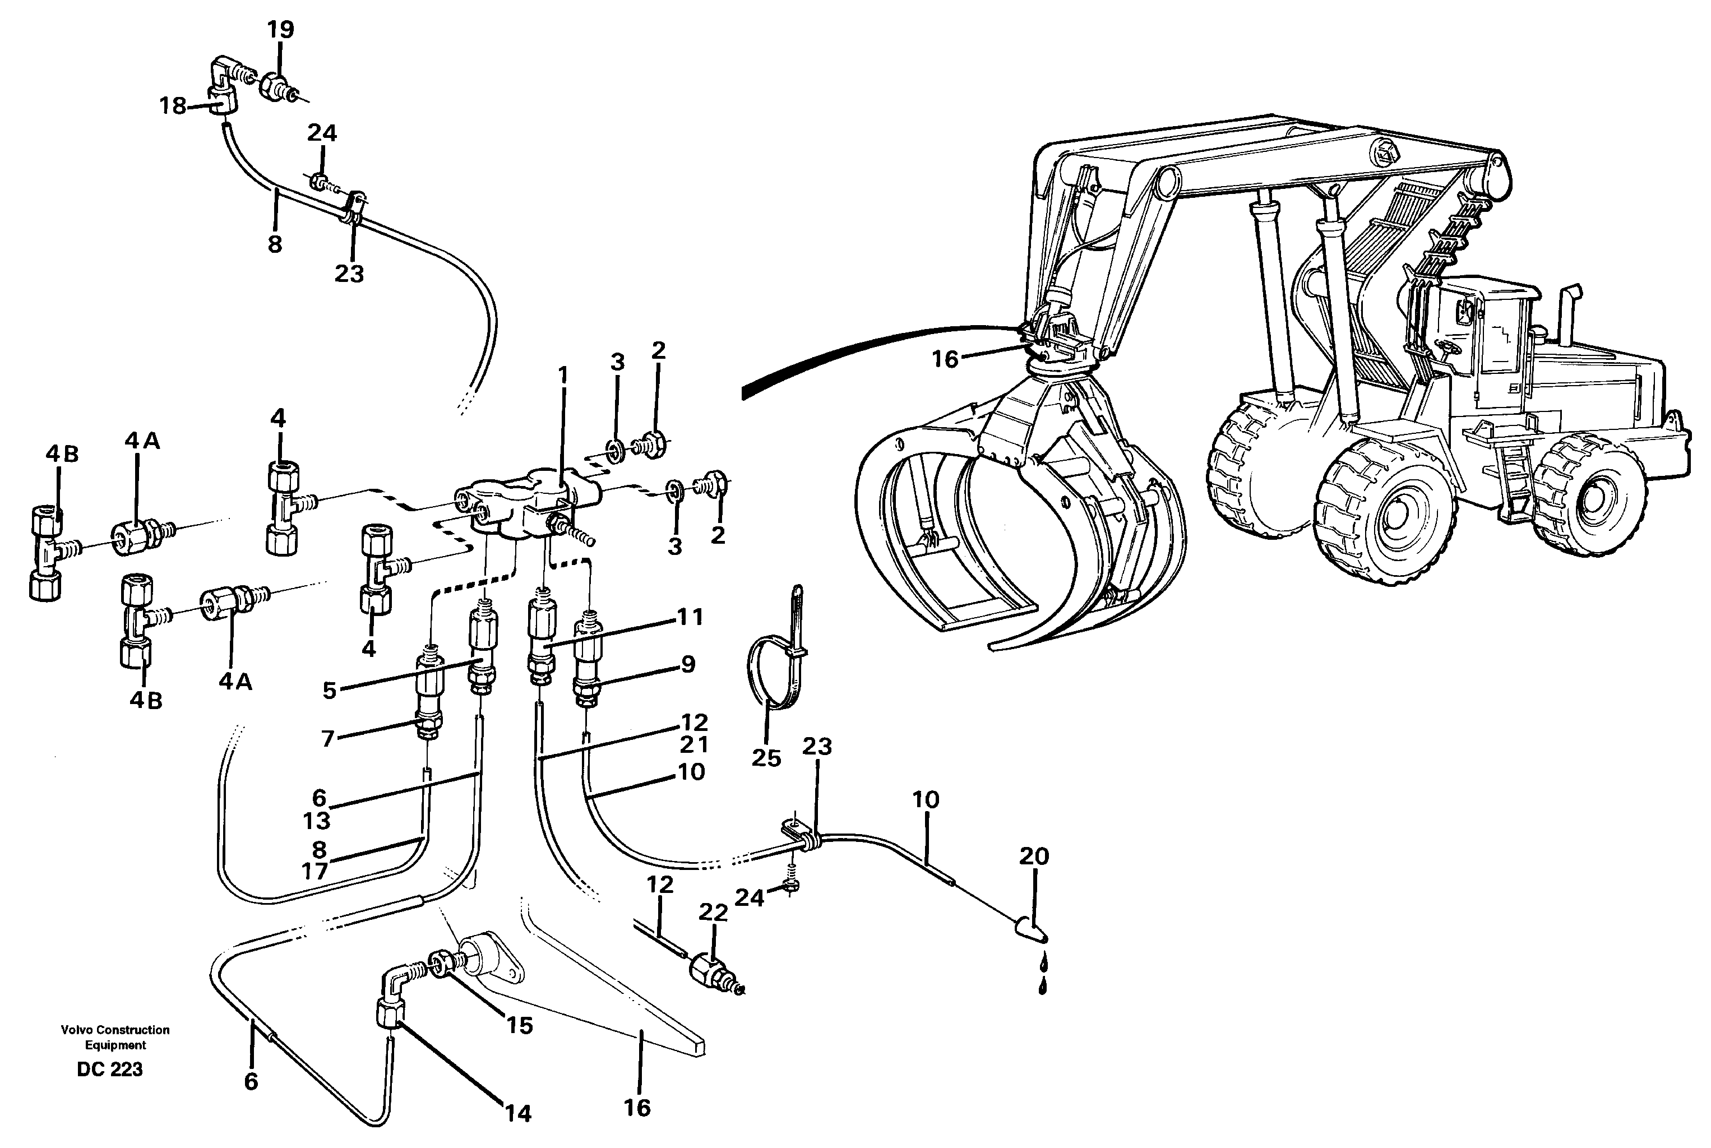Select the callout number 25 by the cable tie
[x=766, y=757]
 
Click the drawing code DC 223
[x=110, y=1070]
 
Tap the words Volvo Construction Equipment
[x=115, y=1038]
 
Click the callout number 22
[x=713, y=912]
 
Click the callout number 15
[x=519, y=1026]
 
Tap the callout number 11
[x=690, y=617]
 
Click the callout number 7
[x=327, y=739]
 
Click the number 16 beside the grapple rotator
[x=945, y=359]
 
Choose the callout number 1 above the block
[x=562, y=375]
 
